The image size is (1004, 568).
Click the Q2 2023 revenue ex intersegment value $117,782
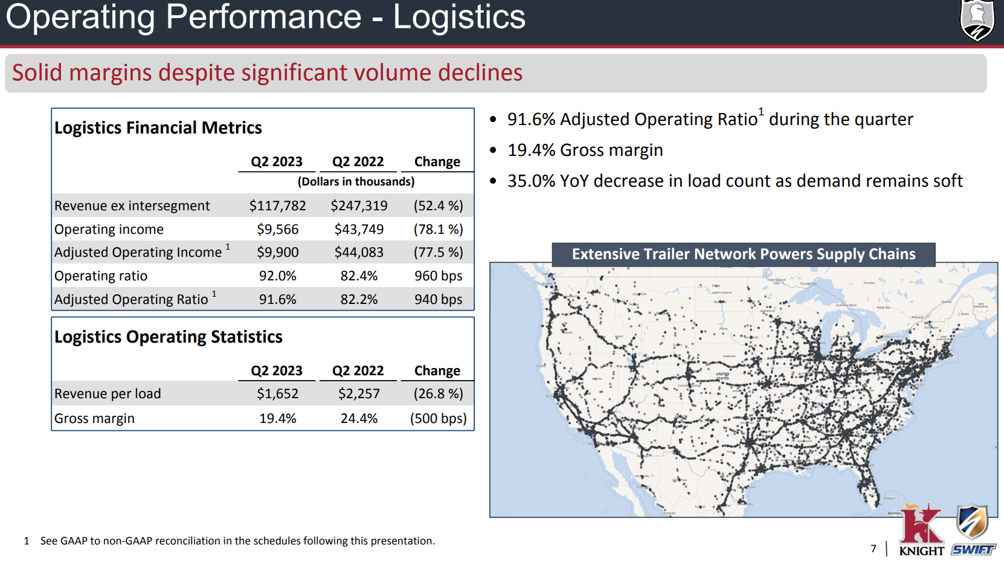click(277, 206)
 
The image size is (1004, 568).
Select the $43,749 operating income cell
click(359, 230)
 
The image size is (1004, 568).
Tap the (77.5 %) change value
click(438, 253)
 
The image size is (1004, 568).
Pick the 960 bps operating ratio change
click(438, 276)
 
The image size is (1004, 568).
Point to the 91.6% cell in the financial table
click(277, 300)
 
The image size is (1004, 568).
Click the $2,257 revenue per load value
click(359, 394)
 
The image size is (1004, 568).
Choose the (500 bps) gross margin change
click(438, 419)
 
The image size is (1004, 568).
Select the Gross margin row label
click(94, 419)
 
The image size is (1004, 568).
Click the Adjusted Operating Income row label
click(138, 253)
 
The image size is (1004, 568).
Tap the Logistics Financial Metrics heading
click(158, 128)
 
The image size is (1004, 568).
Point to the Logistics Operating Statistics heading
click(169, 337)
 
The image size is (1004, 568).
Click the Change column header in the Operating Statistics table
click(437, 371)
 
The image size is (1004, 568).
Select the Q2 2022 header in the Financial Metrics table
click(358, 162)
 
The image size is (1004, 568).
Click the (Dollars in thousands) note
click(356, 182)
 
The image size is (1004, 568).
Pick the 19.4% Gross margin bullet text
click(585, 150)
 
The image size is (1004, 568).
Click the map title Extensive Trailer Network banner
click(743, 254)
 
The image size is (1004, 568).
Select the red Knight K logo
click(921, 524)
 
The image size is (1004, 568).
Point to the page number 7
click(874, 549)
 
